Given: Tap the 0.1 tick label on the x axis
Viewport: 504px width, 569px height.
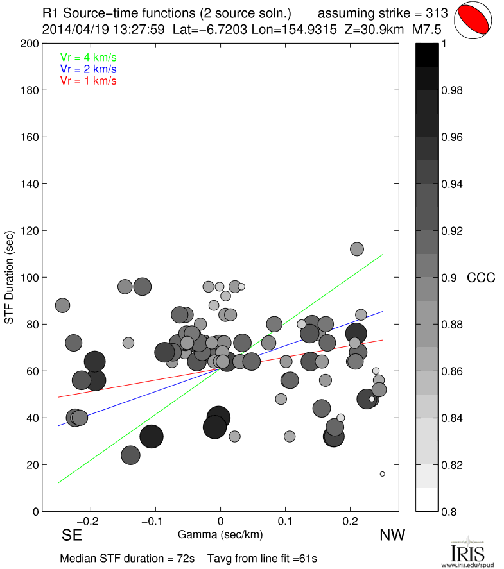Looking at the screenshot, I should (286, 521).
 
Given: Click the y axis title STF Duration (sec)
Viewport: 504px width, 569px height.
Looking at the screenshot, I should (11, 278).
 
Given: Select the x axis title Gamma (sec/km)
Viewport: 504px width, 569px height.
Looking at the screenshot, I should (220, 534).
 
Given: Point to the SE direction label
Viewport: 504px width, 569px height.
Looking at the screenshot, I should (72, 534).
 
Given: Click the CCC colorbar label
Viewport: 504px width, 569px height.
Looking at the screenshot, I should (481, 278).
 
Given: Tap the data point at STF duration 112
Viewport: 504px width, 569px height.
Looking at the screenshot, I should (357, 249).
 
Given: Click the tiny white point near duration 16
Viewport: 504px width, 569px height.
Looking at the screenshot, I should (382, 474).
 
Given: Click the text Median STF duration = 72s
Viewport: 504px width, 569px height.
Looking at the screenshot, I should (126, 558).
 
